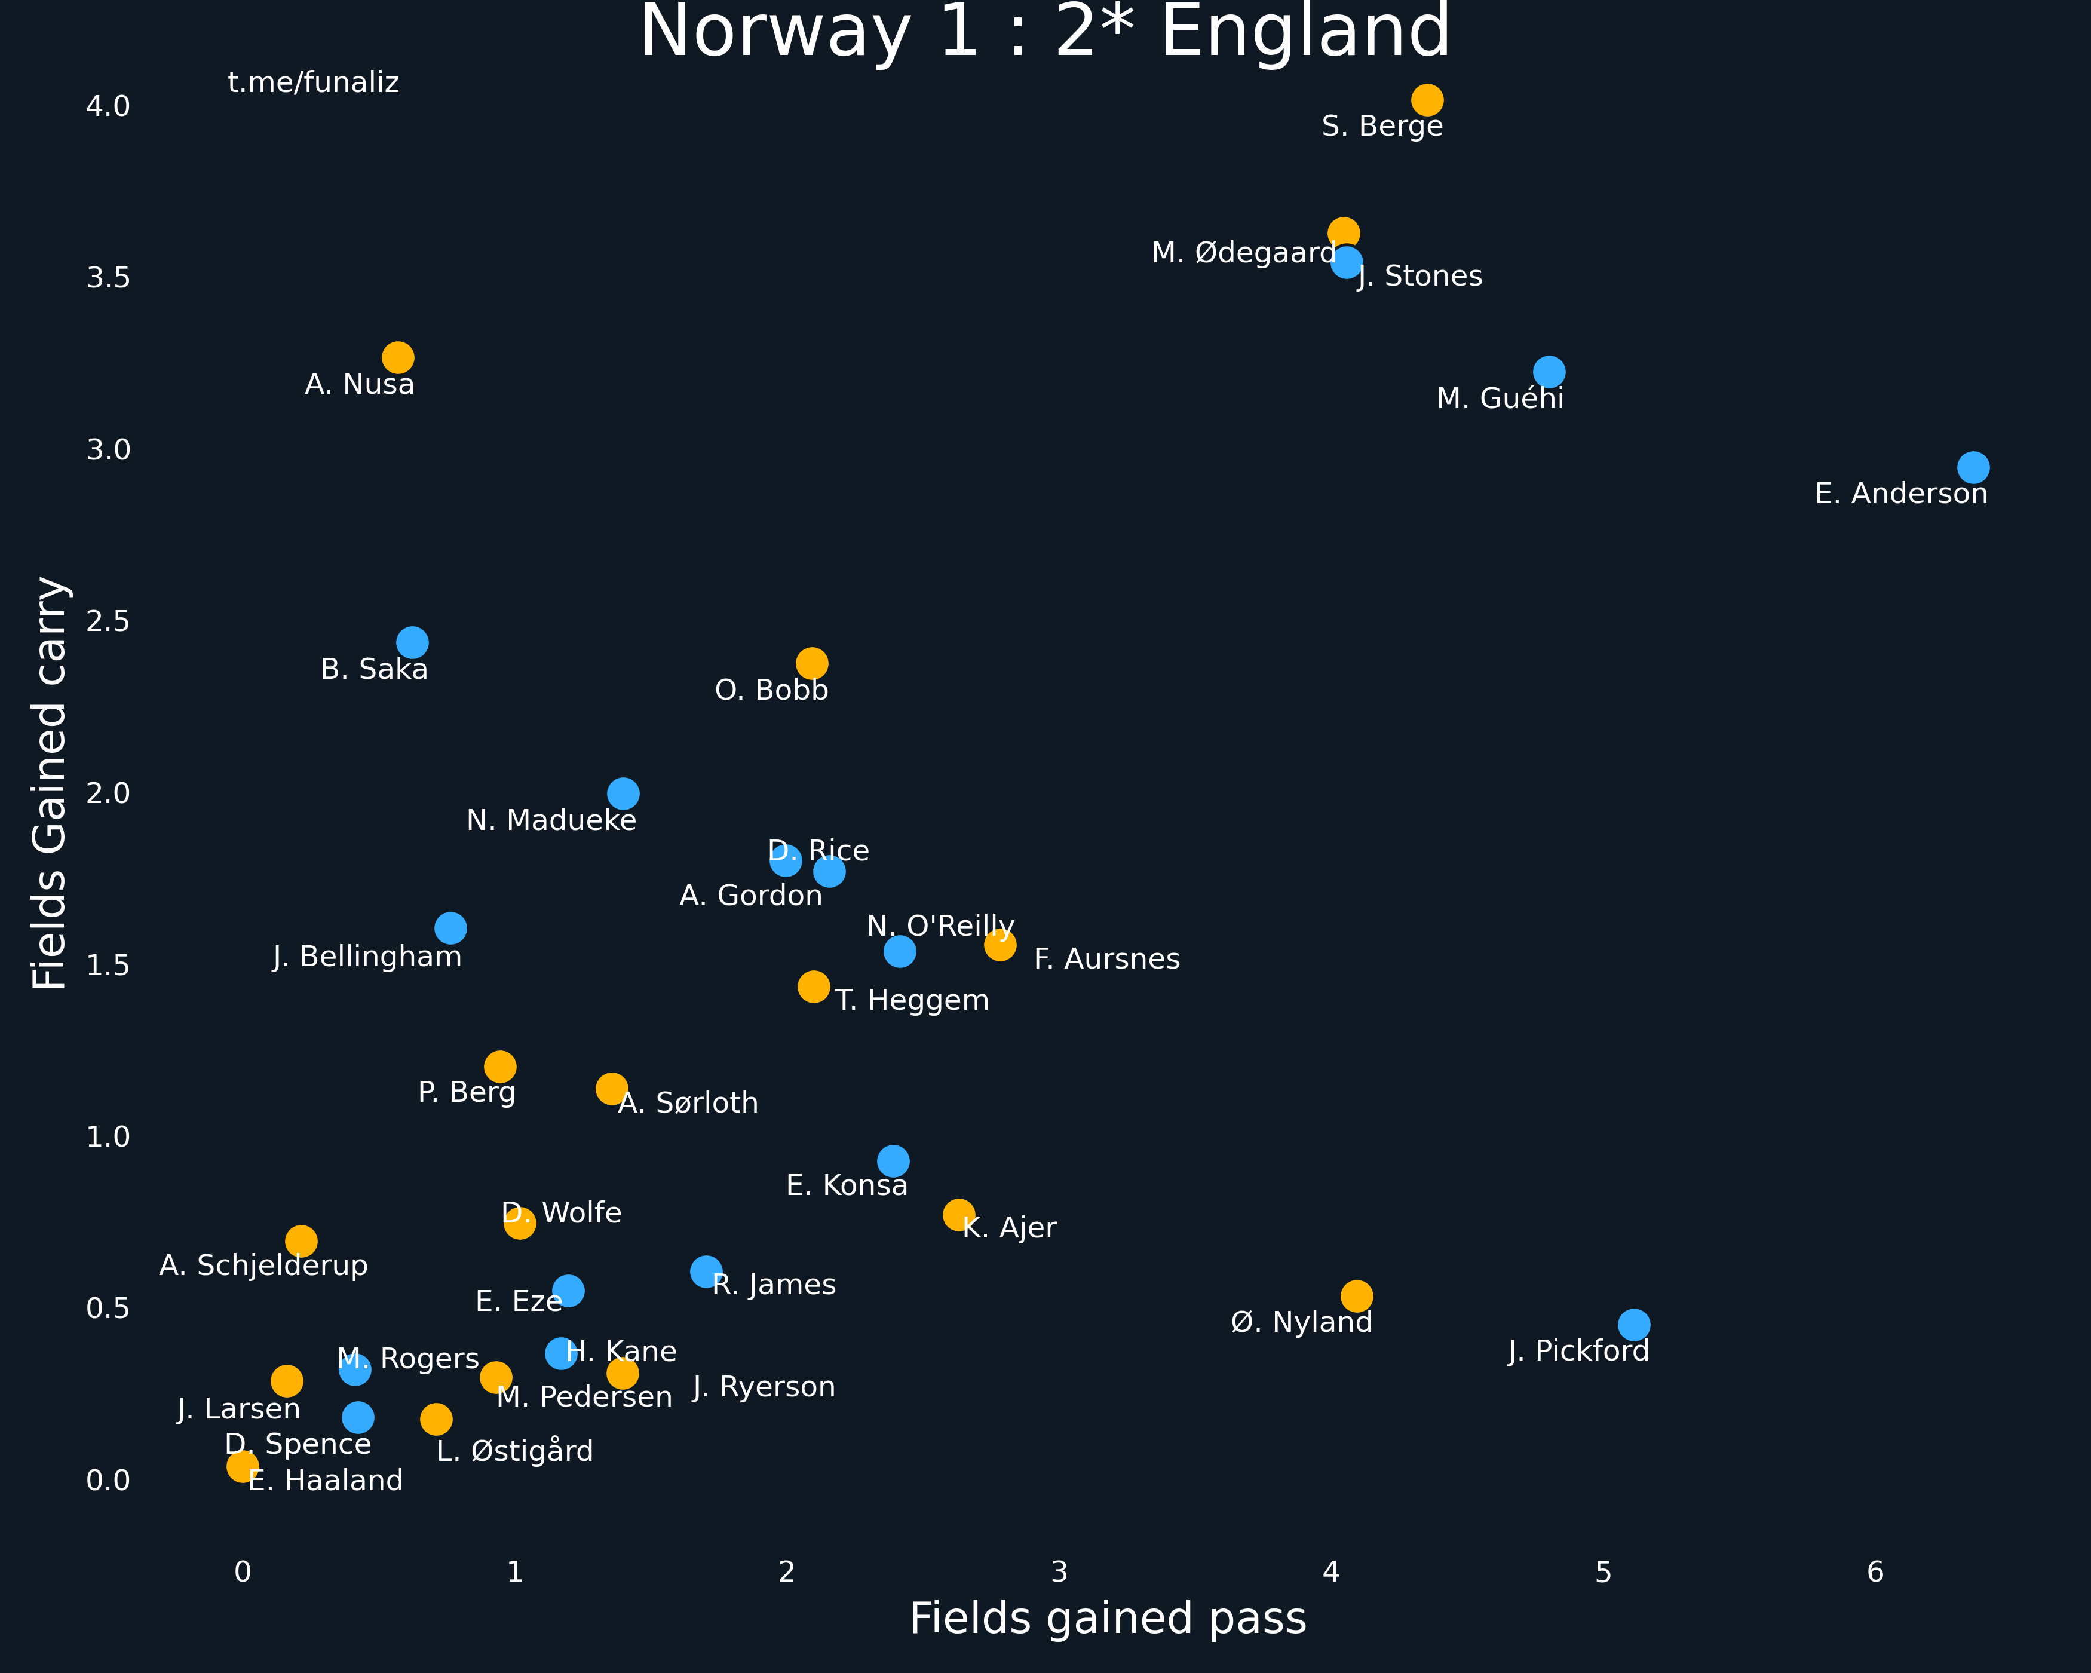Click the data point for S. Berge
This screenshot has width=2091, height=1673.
[x=1427, y=100]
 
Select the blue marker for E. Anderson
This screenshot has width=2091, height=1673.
[x=1973, y=467]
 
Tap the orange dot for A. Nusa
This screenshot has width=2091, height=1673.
[x=398, y=358]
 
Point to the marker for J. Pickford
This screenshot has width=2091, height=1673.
[x=1633, y=1325]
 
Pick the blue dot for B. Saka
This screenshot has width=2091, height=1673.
[x=412, y=642]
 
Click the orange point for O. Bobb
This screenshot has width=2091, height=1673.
[x=812, y=663]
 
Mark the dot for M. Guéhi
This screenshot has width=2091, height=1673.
[x=1549, y=372]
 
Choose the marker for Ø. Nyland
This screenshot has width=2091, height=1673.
[x=1356, y=1296]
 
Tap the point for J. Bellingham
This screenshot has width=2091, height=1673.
[x=450, y=928]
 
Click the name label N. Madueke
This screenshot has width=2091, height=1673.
[x=552, y=820]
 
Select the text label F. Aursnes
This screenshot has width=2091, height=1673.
[x=1106, y=959]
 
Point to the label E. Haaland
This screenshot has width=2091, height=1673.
[x=326, y=1481]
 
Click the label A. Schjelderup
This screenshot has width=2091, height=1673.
[x=264, y=1266]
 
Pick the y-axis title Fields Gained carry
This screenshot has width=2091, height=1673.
[x=50, y=784]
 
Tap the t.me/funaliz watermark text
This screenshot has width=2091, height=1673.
[x=313, y=82]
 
